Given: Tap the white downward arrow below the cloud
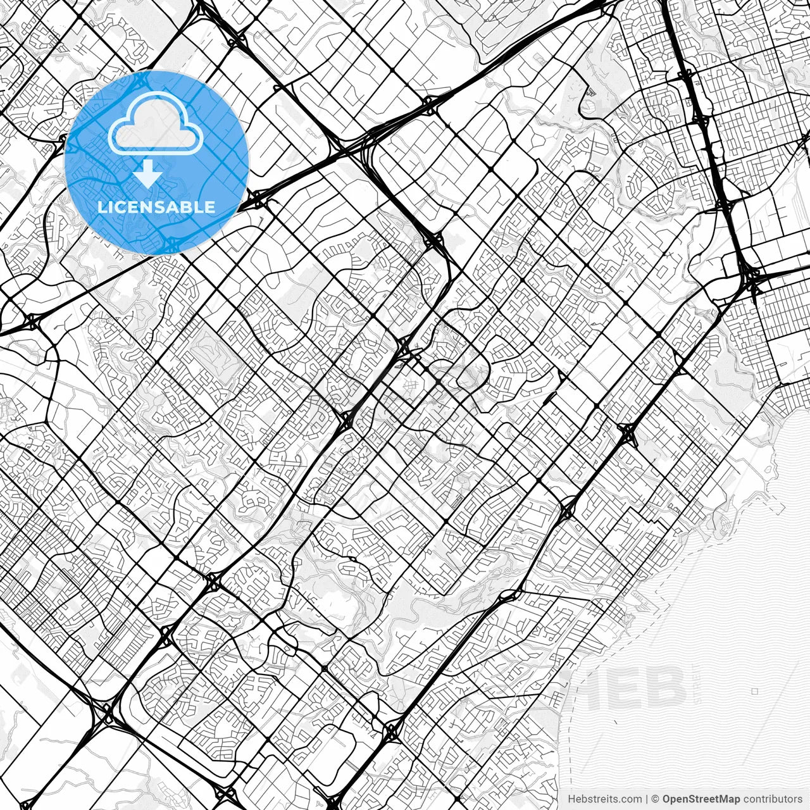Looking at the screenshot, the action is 147,175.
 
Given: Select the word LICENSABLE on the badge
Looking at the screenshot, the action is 156,207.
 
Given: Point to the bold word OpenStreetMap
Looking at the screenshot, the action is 701,799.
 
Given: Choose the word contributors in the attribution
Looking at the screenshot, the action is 773,799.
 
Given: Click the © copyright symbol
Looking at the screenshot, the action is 656,799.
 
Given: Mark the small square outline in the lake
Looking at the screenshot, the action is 754,691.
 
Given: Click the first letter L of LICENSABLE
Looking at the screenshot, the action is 102,207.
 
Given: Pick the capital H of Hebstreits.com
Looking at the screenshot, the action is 571,799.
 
